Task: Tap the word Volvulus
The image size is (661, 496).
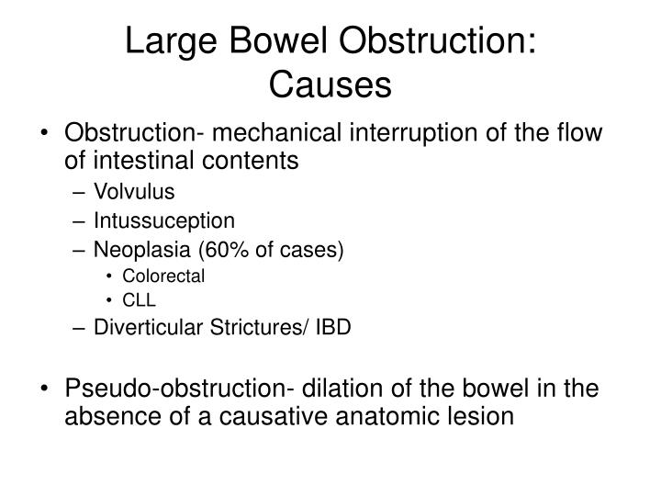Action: click(129, 193)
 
